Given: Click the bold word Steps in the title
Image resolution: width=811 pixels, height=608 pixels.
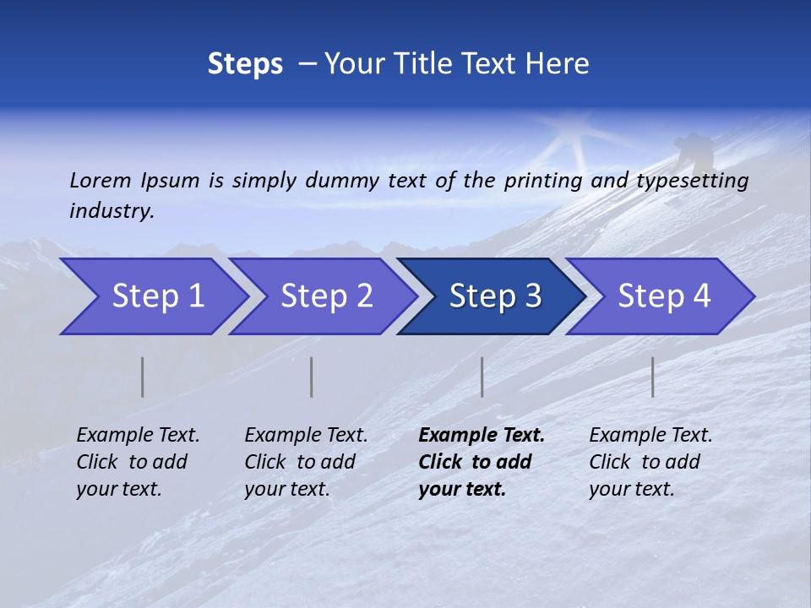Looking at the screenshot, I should click(245, 64).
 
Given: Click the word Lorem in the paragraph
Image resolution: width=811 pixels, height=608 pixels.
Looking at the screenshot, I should click(100, 180).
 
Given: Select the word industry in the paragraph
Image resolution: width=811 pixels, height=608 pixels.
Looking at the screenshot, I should click(112, 210).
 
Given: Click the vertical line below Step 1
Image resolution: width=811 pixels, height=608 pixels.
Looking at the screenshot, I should click(143, 377).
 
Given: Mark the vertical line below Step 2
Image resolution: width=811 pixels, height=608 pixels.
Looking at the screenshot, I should click(312, 377).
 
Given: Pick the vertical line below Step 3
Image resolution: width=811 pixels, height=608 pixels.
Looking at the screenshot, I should click(482, 377).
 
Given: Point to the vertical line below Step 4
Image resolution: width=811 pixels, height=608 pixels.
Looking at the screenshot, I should click(653, 377).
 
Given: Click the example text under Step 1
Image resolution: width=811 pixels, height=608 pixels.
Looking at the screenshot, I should click(138, 462).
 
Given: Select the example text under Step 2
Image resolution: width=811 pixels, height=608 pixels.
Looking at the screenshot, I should click(306, 462).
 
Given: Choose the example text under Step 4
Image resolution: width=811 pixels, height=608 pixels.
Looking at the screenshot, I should click(650, 462).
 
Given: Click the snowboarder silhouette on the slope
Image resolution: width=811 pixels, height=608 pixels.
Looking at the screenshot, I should click(694, 151).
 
